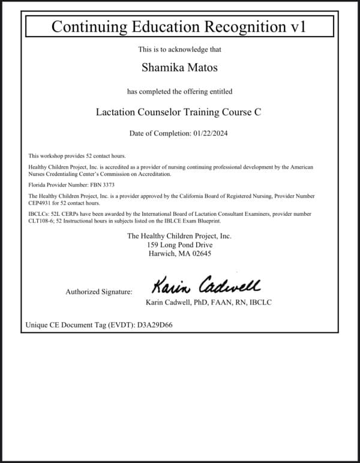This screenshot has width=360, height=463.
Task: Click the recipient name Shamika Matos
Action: [179, 67]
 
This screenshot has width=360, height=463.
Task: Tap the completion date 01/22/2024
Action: [212, 133]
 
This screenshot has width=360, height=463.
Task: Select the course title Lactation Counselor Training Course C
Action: [179, 112]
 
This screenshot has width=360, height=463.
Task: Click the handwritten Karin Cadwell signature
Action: [205, 284]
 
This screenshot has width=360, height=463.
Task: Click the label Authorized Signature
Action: [99, 292]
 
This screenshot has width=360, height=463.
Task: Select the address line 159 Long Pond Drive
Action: [179, 245]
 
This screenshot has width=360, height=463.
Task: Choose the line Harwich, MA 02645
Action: [179, 254]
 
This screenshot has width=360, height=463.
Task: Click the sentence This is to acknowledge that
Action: [179, 49]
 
